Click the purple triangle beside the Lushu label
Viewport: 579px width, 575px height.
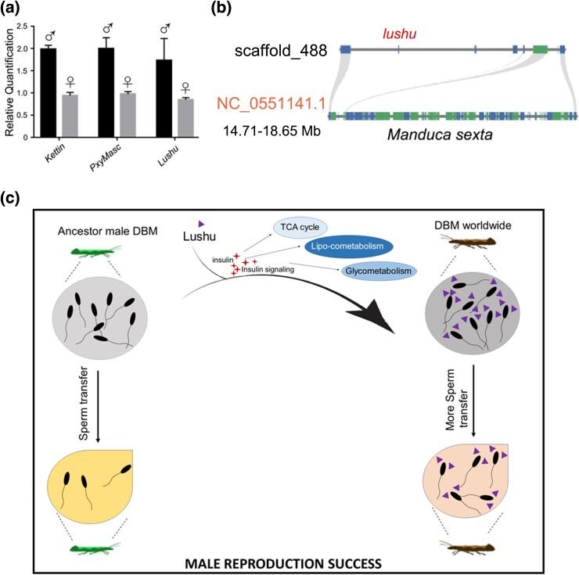click(201, 223)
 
